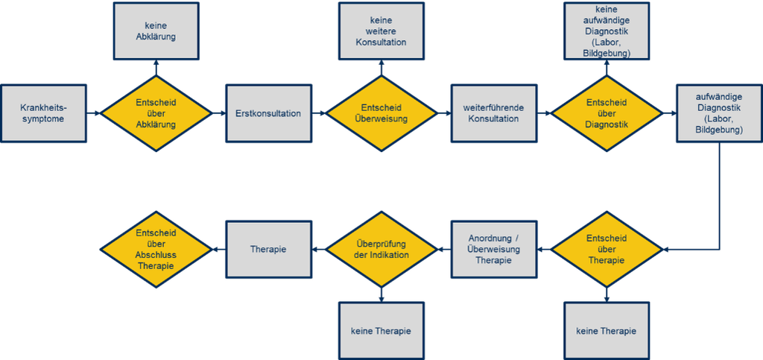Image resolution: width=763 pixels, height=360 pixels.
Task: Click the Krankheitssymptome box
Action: pyautogui.click(x=43, y=113)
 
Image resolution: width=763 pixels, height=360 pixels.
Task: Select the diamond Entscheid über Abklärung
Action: pyautogui.click(x=156, y=113)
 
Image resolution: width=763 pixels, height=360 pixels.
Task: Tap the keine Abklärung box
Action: pyautogui.click(x=156, y=31)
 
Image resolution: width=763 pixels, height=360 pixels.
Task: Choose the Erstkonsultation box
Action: pyautogui.click(x=268, y=113)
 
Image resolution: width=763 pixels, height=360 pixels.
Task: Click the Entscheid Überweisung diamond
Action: pyautogui.click(x=381, y=113)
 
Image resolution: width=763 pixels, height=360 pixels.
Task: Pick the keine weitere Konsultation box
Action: pyautogui.click(x=381, y=31)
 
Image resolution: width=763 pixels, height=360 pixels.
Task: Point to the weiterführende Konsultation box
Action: pyautogui.click(x=494, y=113)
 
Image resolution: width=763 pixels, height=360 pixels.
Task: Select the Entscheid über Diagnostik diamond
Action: pyautogui.click(x=607, y=113)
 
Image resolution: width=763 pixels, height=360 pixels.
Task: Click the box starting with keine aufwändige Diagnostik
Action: pyautogui.click(x=607, y=31)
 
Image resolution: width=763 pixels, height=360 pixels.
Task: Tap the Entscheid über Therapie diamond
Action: pyautogui.click(x=607, y=250)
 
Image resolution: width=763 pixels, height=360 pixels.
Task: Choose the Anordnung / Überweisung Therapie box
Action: pyautogui.click(x=494, y=250)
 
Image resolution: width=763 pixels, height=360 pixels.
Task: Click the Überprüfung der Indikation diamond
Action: pyautogui.click(x=381, y=250)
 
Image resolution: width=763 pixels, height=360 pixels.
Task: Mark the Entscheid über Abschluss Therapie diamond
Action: pyautogui.click(x=156, y=250)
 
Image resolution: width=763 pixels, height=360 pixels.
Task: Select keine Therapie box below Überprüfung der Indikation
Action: pyautogui.click(x=381, y=331)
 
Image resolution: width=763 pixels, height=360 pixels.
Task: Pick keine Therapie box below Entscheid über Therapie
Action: pyautogui.click(x=607, y=331)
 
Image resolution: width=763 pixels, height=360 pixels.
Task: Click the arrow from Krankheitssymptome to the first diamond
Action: pyautogui.click(x=93, y=113)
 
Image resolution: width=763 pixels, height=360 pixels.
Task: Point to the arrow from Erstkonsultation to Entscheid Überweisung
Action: pyautogui.click(x=319, y=113)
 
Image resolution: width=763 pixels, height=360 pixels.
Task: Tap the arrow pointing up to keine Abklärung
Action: pyautogui.click(x=156, y=68)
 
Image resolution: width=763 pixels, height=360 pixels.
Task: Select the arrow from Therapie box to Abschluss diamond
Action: pyautogui.click(x=219, y=250)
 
